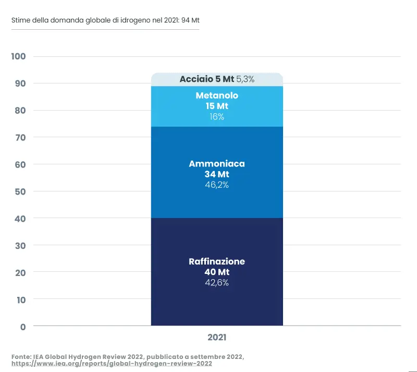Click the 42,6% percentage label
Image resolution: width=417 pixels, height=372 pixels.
coord(217,283)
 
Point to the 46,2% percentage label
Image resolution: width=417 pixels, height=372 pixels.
coord(217,185)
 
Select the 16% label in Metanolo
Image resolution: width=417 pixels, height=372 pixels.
coord(217,117)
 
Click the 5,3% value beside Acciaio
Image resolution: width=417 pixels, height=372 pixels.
coord(246,79)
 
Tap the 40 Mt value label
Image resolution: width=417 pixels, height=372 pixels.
coord(217,272)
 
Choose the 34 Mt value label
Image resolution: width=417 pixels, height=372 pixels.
coord(217,174)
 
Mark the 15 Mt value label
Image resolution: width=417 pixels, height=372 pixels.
coord(217,106)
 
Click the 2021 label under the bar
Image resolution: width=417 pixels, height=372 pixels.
coord(217,338)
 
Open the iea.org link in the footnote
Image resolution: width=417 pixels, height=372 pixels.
coord(112,364)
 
